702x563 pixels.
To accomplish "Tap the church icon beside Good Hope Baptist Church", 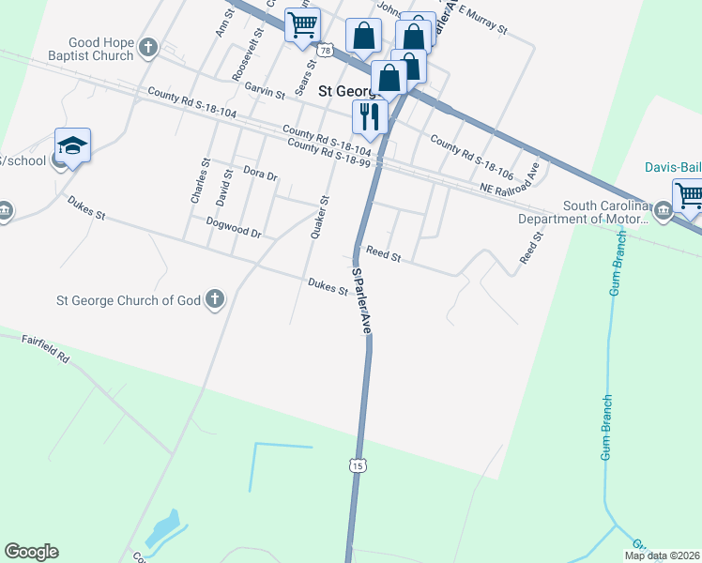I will point(148,48).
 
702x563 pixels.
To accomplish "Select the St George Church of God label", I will point(129,300).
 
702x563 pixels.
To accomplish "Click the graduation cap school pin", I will point(72,146).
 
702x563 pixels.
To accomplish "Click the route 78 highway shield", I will point(325,49).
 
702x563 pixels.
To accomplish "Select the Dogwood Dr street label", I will point(233,227).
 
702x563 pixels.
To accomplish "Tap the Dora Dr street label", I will point(260,175).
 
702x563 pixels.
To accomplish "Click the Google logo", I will point(31,552).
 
